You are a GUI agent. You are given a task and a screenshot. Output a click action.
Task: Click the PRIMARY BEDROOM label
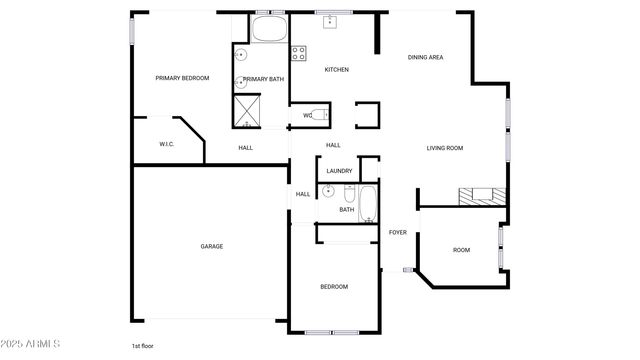tap(182, 78)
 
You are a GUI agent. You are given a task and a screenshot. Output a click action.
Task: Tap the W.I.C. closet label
tap(167, 145)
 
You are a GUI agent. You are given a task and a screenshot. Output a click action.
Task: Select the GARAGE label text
tap(212, 246)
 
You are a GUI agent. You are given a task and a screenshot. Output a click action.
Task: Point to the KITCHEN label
tap(336, 69)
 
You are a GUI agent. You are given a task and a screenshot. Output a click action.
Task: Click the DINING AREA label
tap(425, 57)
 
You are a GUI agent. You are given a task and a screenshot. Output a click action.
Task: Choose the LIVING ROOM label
tap(445, 148)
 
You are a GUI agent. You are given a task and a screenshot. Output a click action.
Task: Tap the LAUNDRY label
tap(339, 171)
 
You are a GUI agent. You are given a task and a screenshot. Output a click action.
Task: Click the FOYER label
tap(398, 232)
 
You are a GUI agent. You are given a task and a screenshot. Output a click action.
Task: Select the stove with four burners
tap(297, 52)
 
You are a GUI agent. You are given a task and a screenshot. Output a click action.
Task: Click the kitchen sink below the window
tap(330, 22)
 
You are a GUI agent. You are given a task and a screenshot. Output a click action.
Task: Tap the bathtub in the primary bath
tap(267, 29)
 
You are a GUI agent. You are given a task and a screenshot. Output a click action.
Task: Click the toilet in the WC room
tap(319, 115)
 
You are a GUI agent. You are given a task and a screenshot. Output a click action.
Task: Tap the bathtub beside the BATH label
tap(368, 203)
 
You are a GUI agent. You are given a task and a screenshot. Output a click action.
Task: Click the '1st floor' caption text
tap(142, 346)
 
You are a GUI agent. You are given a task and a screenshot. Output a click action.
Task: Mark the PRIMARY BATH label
tap(263, 79)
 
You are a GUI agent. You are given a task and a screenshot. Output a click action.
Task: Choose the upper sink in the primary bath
tap(241, 56)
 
